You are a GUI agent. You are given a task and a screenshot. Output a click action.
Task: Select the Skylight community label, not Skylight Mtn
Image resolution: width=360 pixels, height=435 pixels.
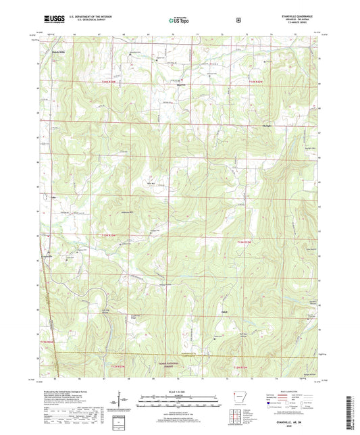pyautogui.click(x=266, y=124)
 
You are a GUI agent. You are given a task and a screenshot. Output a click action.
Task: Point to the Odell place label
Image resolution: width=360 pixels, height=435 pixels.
pyautogui.click(x=242, y=311)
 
